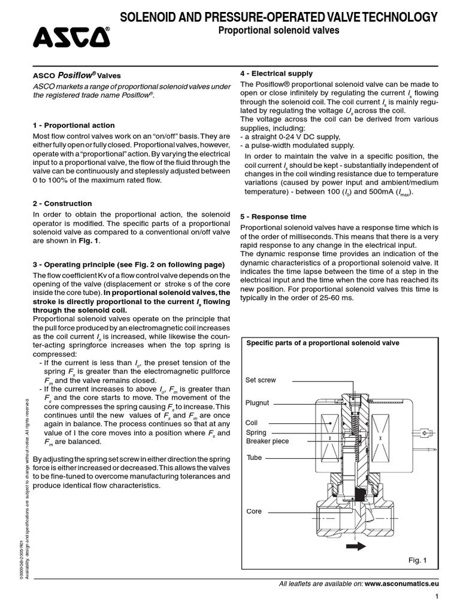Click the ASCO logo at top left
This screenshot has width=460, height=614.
point(71,38)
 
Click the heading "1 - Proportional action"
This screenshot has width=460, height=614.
point(73,125)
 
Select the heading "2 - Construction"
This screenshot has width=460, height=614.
point(62,203)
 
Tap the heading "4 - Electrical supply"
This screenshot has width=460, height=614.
point(276,73)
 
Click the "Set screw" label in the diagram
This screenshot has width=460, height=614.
point(261,380)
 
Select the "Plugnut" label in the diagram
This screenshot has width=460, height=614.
point(258,403)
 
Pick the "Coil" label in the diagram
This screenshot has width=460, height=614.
point(252,423)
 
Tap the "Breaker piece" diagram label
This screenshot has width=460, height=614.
point(267,441)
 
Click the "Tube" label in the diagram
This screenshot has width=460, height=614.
point(254,457)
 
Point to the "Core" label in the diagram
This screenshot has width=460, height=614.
point(254,511)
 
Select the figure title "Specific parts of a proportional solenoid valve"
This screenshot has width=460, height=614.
point(323,343)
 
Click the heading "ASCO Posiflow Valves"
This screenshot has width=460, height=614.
point(76,76)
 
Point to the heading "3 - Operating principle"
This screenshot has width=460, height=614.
point(128,264)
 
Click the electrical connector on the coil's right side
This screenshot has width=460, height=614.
point(426,432)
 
